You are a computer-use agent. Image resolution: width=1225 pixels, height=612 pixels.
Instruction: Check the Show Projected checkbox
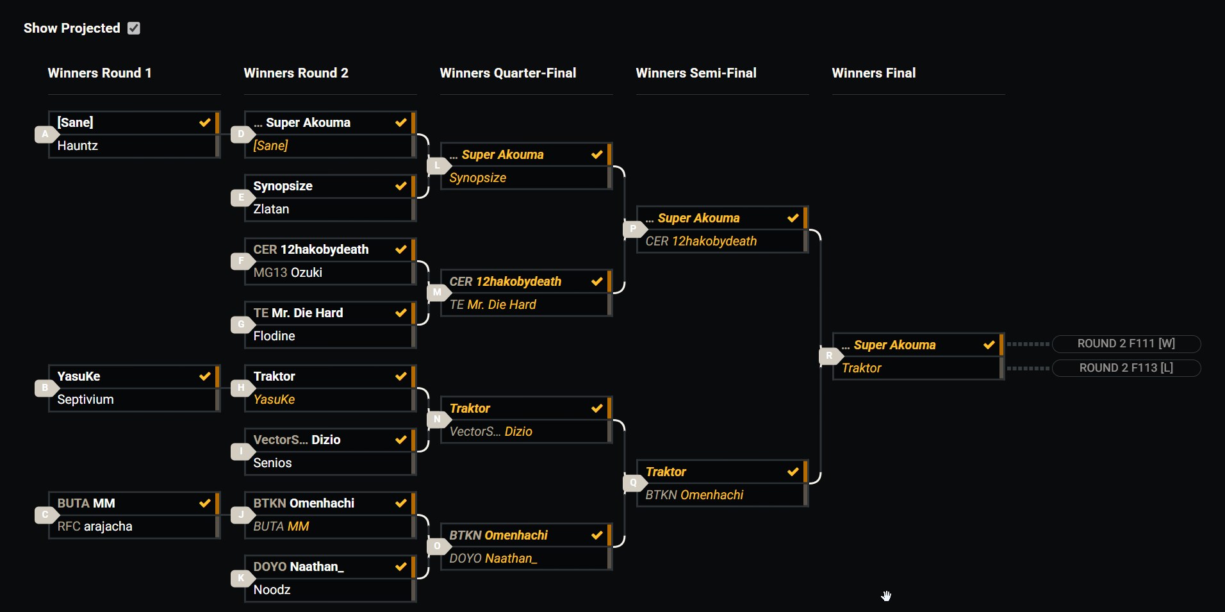tap(133, 28)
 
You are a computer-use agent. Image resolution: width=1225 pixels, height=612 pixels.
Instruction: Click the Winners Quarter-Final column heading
tap(507, 73)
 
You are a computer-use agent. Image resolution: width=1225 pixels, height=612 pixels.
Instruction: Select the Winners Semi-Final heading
tap(696, 73)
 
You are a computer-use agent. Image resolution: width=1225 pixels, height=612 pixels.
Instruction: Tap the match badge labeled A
tap(45, 134)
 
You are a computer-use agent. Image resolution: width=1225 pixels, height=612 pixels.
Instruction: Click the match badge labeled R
tap(829, 356)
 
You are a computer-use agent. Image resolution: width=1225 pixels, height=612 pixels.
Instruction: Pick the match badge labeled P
tap(633, 229)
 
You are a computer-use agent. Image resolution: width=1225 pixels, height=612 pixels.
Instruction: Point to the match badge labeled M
tap(437, 292)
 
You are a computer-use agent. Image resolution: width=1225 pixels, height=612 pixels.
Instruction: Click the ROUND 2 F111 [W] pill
tap(1126, 343)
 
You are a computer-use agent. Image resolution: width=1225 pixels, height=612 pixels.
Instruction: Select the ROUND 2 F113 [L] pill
tap(1126, 368)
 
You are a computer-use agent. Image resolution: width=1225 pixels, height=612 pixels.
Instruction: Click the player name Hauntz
tap(78, 145)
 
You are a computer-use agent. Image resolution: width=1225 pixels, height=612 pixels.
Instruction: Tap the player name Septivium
tap(85, 399)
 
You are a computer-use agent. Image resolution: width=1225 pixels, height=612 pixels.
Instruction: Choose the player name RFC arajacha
tap(95, 526)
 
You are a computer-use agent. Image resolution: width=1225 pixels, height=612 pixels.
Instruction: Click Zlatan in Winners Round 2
tap(271, 209)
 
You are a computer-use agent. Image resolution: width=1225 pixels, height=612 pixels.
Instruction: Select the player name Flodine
tap(274, 336)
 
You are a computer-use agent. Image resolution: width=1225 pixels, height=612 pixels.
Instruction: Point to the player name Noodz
tap(272, 590)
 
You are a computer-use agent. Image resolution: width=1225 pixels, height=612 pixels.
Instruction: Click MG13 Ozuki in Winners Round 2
tap(288, 272)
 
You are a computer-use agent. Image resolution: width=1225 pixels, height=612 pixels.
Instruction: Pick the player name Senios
tap(272, 463)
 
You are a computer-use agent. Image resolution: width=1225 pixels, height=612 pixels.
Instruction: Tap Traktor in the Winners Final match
tap(861, 368)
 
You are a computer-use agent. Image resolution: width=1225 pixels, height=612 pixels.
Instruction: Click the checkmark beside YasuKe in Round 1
tap(205, 376)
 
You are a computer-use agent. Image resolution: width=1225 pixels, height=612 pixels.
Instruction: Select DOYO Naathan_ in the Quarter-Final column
tap(493, 558)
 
